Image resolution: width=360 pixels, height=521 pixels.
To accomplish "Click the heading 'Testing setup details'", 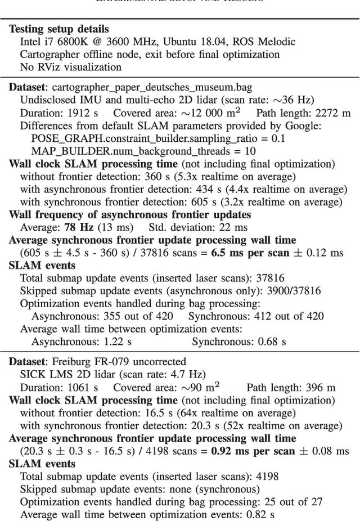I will pos(59,29).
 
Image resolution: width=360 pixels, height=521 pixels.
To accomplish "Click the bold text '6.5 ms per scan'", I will pos(249,253).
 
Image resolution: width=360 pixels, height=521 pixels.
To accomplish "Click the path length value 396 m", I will pos(323,387).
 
